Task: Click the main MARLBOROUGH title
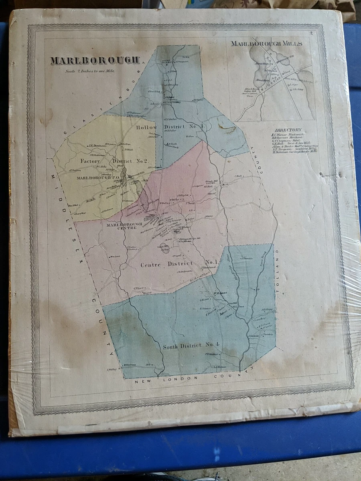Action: pos(95,60)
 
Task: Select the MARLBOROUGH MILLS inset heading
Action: pos(266,44)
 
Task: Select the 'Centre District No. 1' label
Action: pos(178,263)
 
